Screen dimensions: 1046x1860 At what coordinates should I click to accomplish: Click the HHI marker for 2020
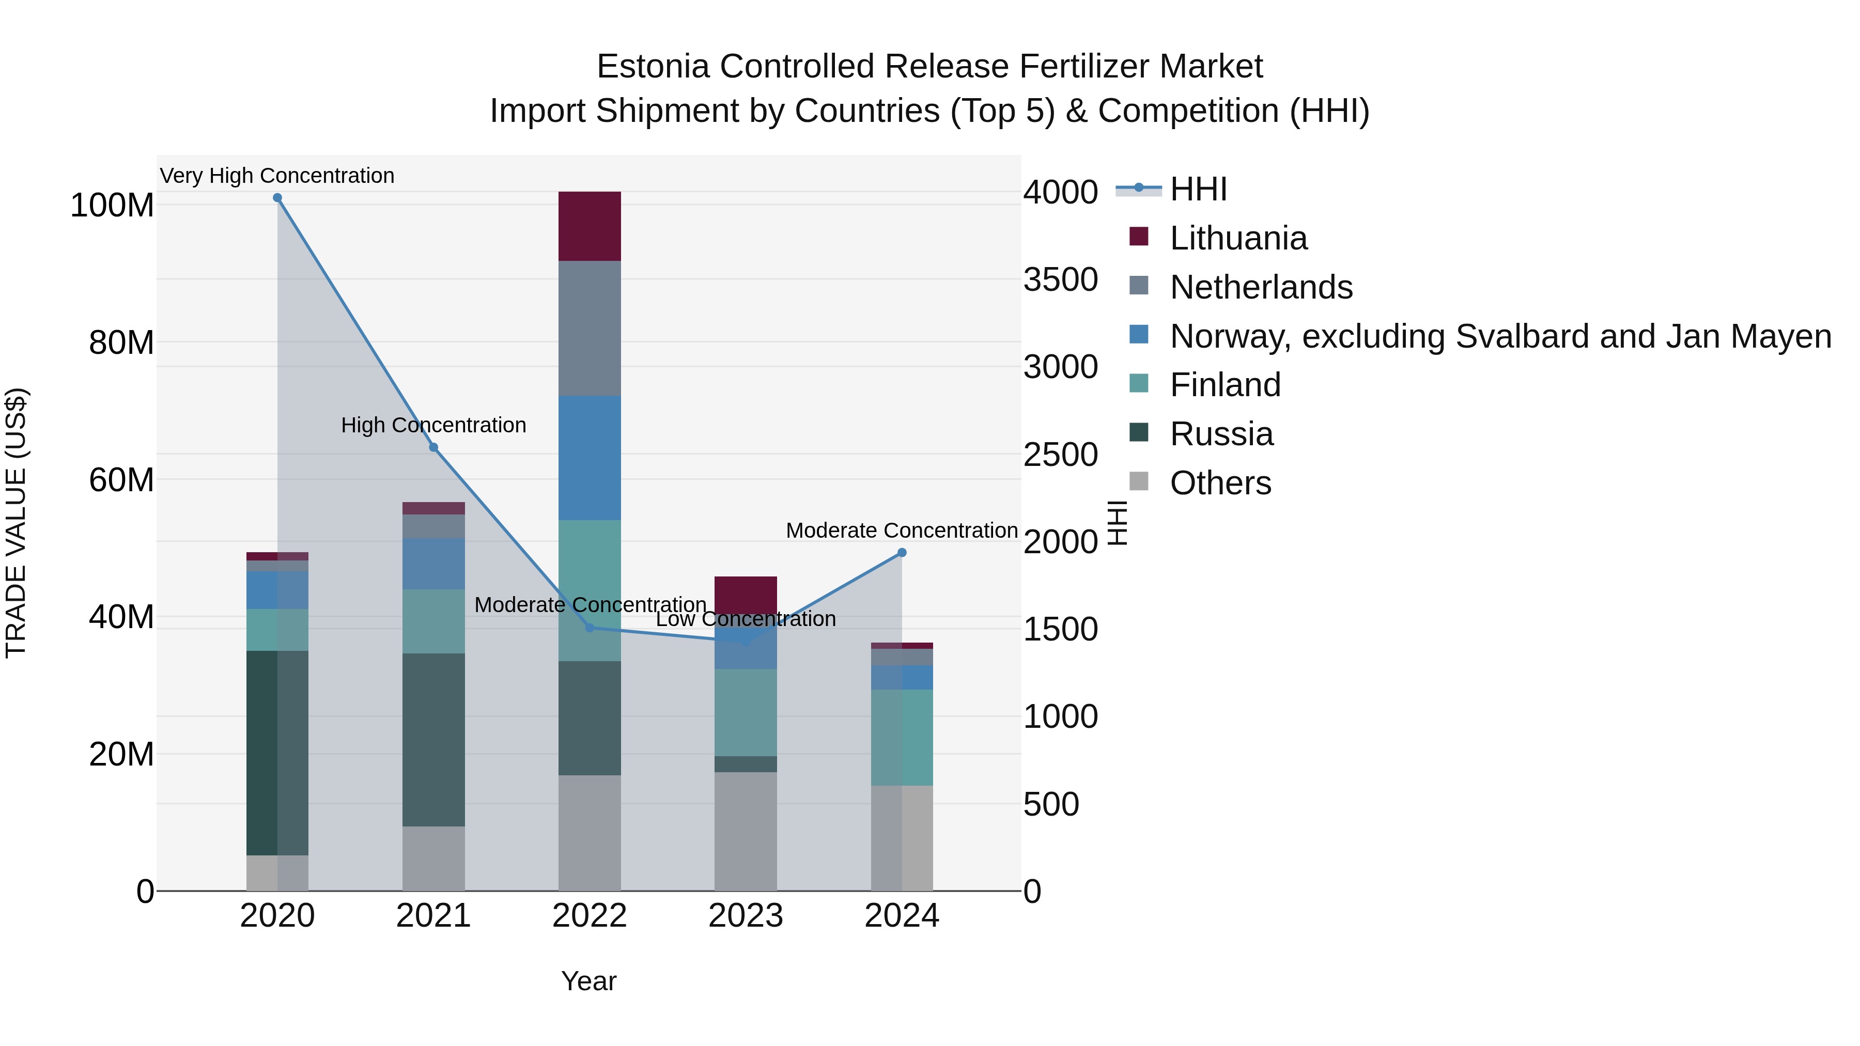[x=277, y=198]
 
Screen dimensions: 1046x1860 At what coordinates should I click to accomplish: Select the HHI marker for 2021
[x=433, y=447]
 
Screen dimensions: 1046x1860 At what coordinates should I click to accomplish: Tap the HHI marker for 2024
[x=902, y=553]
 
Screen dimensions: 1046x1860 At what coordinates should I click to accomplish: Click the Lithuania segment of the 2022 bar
[x=589, y=226]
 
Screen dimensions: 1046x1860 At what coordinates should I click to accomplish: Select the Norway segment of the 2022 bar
[x=589, y=458]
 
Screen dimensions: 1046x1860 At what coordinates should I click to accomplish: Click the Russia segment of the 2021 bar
[x=433, y=740]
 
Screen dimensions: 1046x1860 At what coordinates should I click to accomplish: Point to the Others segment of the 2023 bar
[x=745, y=832]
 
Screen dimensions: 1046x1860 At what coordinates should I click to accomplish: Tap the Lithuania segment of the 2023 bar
[x=745, y=594]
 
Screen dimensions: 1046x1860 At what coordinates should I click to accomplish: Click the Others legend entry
[x=1220, y=483]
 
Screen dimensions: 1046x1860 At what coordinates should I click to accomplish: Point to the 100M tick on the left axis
[x=112, y=206]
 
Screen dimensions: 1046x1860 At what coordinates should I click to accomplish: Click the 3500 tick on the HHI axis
[x=1060, y=280]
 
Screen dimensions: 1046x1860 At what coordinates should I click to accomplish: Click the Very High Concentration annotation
[x=277, y=176]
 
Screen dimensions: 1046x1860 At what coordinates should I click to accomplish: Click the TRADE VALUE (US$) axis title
[x=16, y=523]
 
